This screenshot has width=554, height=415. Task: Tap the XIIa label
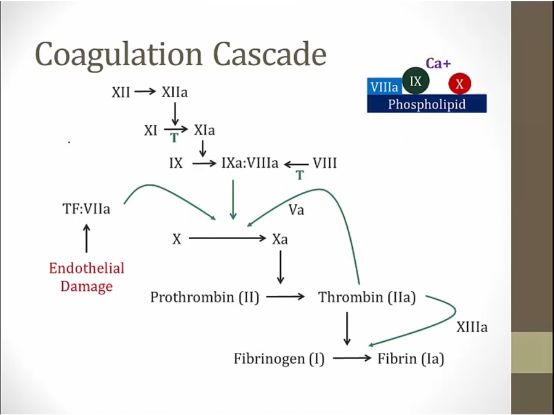[175, 92]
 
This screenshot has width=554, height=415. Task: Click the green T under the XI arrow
[174, 138]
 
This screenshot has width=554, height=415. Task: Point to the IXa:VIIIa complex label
[250, 164]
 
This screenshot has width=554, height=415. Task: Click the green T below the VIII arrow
[300, 175]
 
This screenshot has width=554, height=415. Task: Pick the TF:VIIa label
[86, 210]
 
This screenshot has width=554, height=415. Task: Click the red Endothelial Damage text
[86, 277]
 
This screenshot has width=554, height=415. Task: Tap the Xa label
[280, 239]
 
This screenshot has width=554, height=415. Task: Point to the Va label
[297, 210]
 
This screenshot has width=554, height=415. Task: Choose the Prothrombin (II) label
[204, 298]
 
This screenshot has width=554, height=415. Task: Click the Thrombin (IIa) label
[367, 298]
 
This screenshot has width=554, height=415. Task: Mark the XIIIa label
[472, 328]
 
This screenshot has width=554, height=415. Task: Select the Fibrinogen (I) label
[279, 358]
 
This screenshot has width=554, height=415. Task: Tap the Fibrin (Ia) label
[411, 358]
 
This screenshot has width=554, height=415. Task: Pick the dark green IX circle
[415, 81]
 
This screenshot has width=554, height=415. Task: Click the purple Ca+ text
[438, 63]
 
